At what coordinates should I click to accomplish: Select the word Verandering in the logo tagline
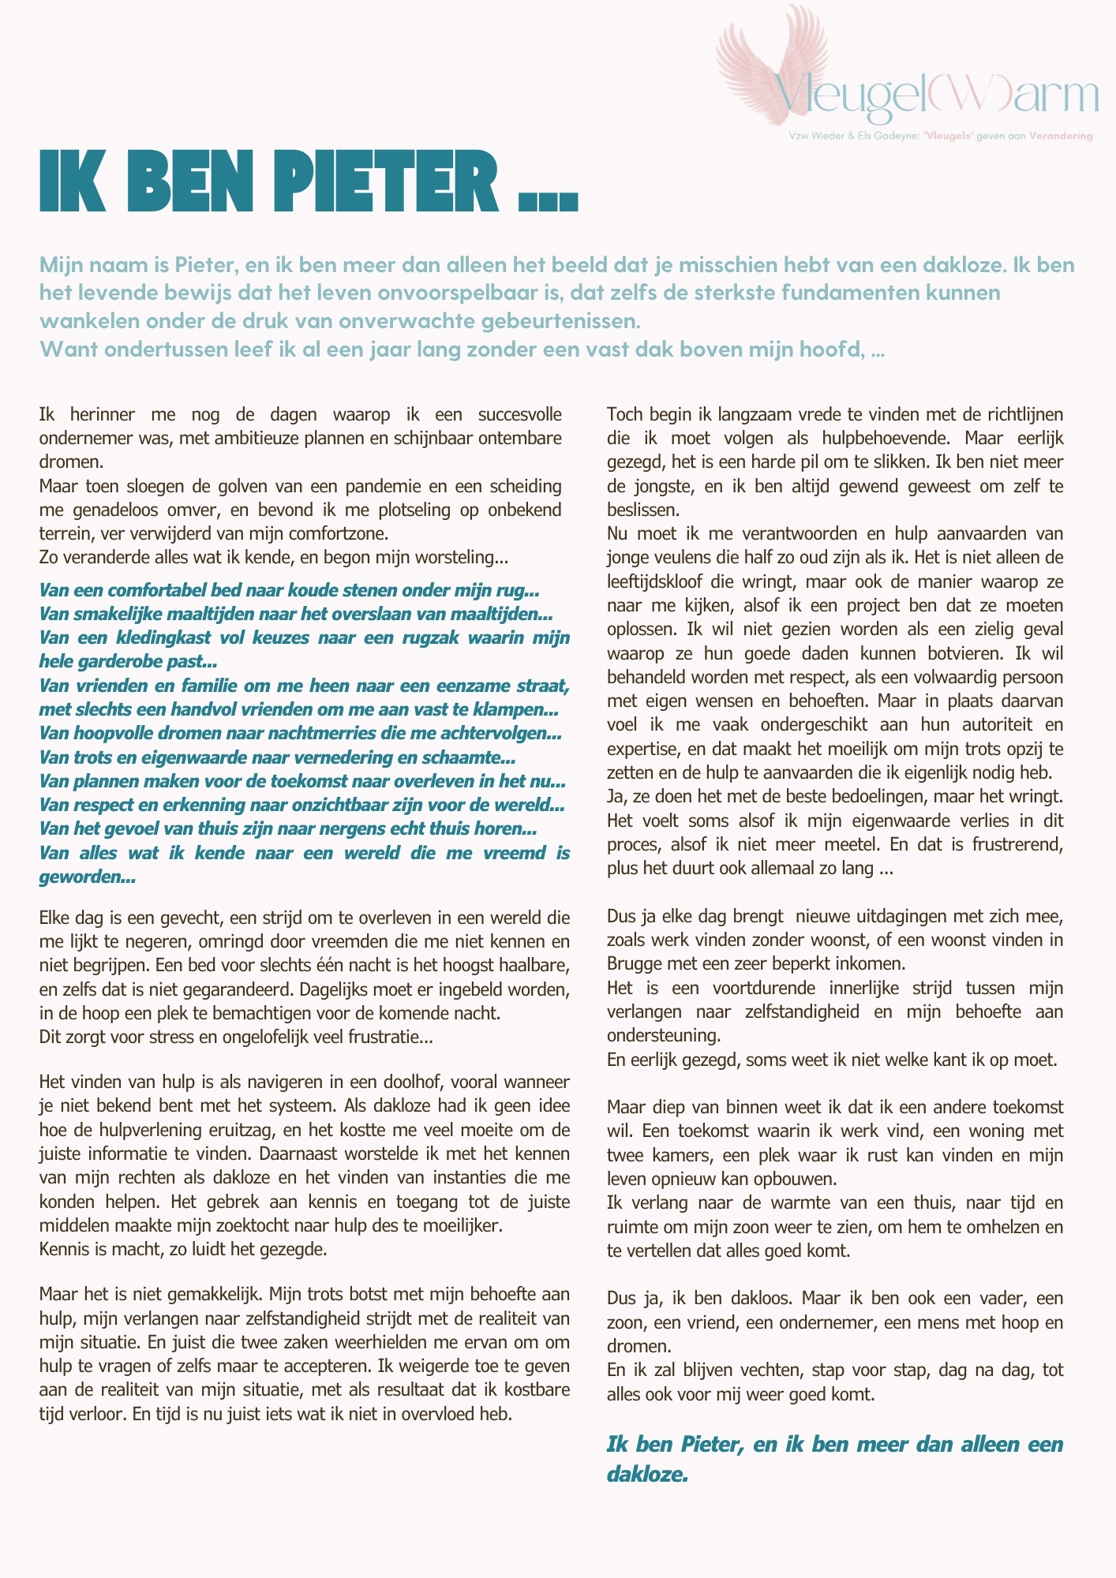point(1061,136)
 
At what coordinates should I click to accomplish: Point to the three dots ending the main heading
point(548,202)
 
